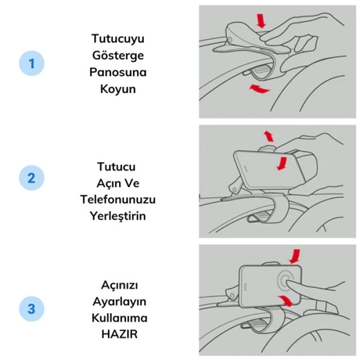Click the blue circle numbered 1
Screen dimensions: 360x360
point(31,63)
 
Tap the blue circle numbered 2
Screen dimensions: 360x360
point(31,178)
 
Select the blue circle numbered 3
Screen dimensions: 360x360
point(31,309)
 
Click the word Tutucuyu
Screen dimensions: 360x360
point(118,39)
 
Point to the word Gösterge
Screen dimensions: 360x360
point(118,56)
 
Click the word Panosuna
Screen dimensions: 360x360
point(118,72)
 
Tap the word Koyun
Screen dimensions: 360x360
point(118,89)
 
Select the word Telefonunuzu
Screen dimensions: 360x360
point(118,200)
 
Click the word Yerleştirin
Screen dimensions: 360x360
point(118,216)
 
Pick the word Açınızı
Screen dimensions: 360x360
point(119,285)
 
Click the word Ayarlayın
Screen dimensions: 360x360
point(119,301)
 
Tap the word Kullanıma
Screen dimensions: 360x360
point(119,318)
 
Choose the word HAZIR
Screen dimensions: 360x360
point(119,334)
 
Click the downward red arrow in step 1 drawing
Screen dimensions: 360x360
point(261,21)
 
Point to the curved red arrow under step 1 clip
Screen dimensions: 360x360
point(259,89)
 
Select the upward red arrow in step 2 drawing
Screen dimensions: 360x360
point(269,136)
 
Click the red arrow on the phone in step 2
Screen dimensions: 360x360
point(283,164)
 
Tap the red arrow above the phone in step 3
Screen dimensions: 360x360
point(295,256)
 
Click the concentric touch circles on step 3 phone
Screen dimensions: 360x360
point(285,280)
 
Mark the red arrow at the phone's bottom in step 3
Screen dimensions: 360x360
point(285,301)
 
